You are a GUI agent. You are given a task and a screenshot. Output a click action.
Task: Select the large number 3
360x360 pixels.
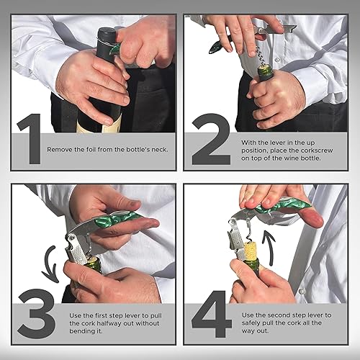tap(36, 311)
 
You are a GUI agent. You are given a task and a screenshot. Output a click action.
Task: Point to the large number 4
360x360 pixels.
tap(212, 311)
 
